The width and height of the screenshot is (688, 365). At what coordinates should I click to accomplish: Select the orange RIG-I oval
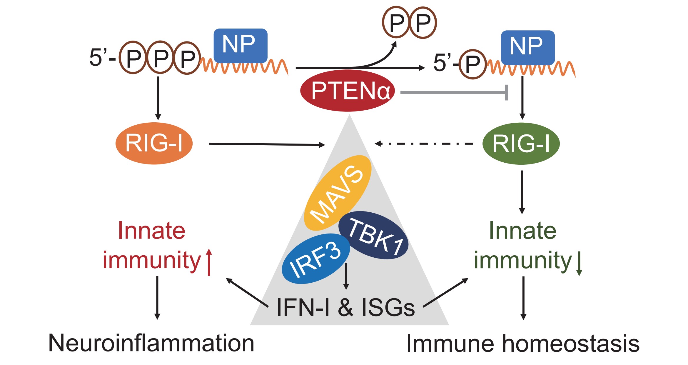point(154,143)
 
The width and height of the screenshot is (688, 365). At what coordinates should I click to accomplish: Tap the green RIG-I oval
point(521,144)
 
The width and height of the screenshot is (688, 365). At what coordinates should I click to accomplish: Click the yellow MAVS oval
point(337,193)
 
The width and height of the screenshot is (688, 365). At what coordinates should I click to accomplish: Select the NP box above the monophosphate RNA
point(527,47)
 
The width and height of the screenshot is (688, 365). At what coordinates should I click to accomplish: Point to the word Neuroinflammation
point(151,343)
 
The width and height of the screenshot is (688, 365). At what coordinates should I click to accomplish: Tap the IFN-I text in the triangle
point(303,308)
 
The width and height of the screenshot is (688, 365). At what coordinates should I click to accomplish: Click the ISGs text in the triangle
point(388,308)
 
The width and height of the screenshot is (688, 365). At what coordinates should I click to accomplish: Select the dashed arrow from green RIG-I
point(423,144)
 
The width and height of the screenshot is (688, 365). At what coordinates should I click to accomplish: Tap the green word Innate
point(522,231)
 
